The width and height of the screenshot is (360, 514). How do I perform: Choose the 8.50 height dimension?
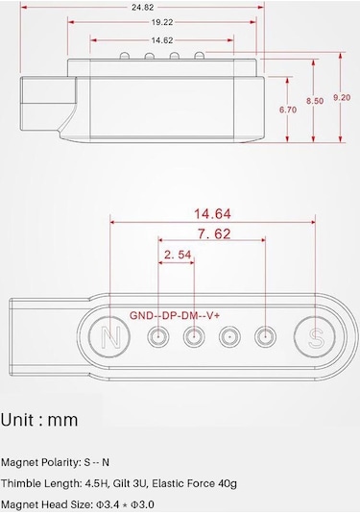(314, 101)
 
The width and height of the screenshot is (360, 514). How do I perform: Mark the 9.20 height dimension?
(341, 97)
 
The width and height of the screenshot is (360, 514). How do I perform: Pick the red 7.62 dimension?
(212, 234)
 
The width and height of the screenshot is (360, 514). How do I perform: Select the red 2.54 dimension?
(177, 256)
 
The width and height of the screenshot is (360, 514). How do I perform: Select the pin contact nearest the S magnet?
(265, 337)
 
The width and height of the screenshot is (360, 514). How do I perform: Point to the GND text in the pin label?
(143, 314)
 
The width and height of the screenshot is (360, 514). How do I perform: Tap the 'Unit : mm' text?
(38, 421)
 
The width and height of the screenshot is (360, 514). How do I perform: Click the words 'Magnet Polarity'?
(40, 462)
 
